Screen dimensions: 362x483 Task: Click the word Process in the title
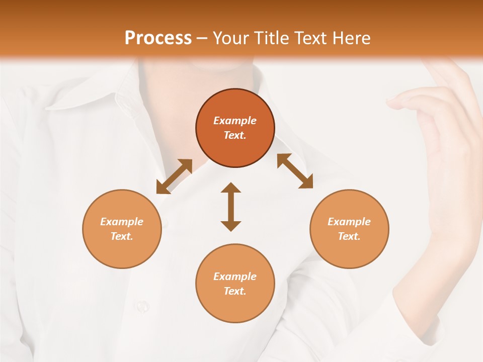(x=158, y=38)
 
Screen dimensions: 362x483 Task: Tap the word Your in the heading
(x=231, y=38)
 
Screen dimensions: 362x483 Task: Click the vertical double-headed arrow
(x=231, y=207)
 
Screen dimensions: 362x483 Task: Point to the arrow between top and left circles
(x=174, y=176)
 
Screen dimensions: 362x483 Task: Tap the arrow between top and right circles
(x=295, y=171)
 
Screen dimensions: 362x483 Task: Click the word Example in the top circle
(x=235, y=121)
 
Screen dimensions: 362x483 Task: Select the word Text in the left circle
(x=122, y=236)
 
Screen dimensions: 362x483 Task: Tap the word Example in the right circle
(x=349, y=222)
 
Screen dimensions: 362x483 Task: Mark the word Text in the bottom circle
(x=235, y=291)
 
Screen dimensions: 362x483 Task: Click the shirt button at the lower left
(x=143, y=305)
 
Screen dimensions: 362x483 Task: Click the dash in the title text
(x=202, y=38)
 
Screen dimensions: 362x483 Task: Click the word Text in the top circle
(x=235, y=135)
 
